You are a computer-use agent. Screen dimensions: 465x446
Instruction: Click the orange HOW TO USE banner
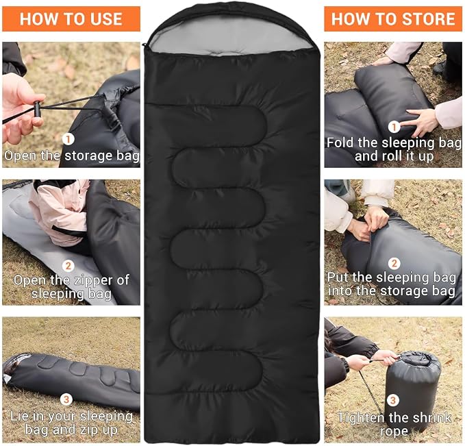[x=71, y=18]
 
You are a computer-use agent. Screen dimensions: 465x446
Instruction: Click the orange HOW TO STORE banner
[x=393, y=18]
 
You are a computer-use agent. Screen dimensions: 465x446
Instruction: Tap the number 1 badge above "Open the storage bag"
[x=68, y=139]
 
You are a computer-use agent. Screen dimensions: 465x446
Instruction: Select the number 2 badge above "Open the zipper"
[x=68, y=265]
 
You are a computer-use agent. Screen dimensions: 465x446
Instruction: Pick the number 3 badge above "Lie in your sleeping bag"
[x=66, y=399]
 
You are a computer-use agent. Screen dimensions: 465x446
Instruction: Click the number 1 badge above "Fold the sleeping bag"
[x=394, y=127]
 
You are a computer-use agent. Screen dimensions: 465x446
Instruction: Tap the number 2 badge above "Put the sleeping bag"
[x=394, y=263]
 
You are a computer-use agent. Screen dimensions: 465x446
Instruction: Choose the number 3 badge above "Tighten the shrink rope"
[x=393, y=400]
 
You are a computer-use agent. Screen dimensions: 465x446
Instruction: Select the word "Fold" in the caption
[x=340, y=143]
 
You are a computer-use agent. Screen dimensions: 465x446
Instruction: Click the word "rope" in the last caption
[x=394, y=432]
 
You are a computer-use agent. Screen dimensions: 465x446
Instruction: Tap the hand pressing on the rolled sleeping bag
[x=422, y=120]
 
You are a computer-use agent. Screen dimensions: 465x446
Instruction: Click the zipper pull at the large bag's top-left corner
[x=144, y=45]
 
